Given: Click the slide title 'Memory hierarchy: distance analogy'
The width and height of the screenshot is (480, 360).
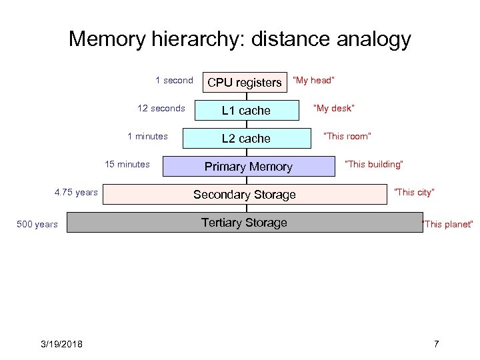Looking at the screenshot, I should pos(240,39).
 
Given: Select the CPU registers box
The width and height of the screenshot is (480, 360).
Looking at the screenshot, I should pos(245,83).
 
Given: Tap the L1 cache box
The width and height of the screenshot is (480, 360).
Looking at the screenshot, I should pos(246,111).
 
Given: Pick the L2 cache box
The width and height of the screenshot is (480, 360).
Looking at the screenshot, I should pos(246,139).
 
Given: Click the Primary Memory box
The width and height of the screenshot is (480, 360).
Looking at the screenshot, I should pos(248,167).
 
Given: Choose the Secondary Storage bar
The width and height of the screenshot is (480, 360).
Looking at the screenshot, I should pos(245,195).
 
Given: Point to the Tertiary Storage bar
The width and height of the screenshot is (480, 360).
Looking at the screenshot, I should pos(245,223).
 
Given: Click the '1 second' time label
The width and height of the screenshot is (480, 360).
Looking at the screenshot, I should pos(174,81).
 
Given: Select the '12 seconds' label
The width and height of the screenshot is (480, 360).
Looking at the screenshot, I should pos(161,109).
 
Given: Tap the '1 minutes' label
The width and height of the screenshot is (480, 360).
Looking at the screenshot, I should pos(147,137).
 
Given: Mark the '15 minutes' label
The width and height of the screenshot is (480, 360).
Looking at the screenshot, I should pos(127,165).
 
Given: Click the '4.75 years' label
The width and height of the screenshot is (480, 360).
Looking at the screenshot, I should pos(76,193).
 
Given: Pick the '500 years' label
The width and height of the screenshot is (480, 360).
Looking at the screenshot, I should pos(37,225).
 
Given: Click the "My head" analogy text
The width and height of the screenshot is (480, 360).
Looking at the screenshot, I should pos(314,81).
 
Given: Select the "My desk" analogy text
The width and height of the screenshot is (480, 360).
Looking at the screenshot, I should pos(335,109).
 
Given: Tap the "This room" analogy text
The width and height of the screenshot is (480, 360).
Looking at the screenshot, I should pos(347,137).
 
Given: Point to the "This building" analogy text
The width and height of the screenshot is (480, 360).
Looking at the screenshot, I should pos(374,165).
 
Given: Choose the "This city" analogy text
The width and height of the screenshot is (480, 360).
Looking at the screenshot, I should pos(415,193).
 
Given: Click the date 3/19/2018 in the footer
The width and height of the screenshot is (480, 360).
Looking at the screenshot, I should pos(61,344).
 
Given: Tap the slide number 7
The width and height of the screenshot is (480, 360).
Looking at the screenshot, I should pos(437,344).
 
